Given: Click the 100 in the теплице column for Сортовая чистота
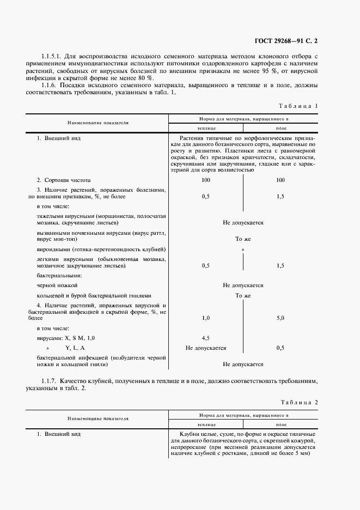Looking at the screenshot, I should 206,179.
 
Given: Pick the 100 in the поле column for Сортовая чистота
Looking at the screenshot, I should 280,179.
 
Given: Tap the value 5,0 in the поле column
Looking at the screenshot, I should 280,317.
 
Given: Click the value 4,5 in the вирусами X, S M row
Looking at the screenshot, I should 206,338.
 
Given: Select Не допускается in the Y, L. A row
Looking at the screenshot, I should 206,348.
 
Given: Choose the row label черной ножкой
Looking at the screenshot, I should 57,286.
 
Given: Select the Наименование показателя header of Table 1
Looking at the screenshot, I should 98,124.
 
